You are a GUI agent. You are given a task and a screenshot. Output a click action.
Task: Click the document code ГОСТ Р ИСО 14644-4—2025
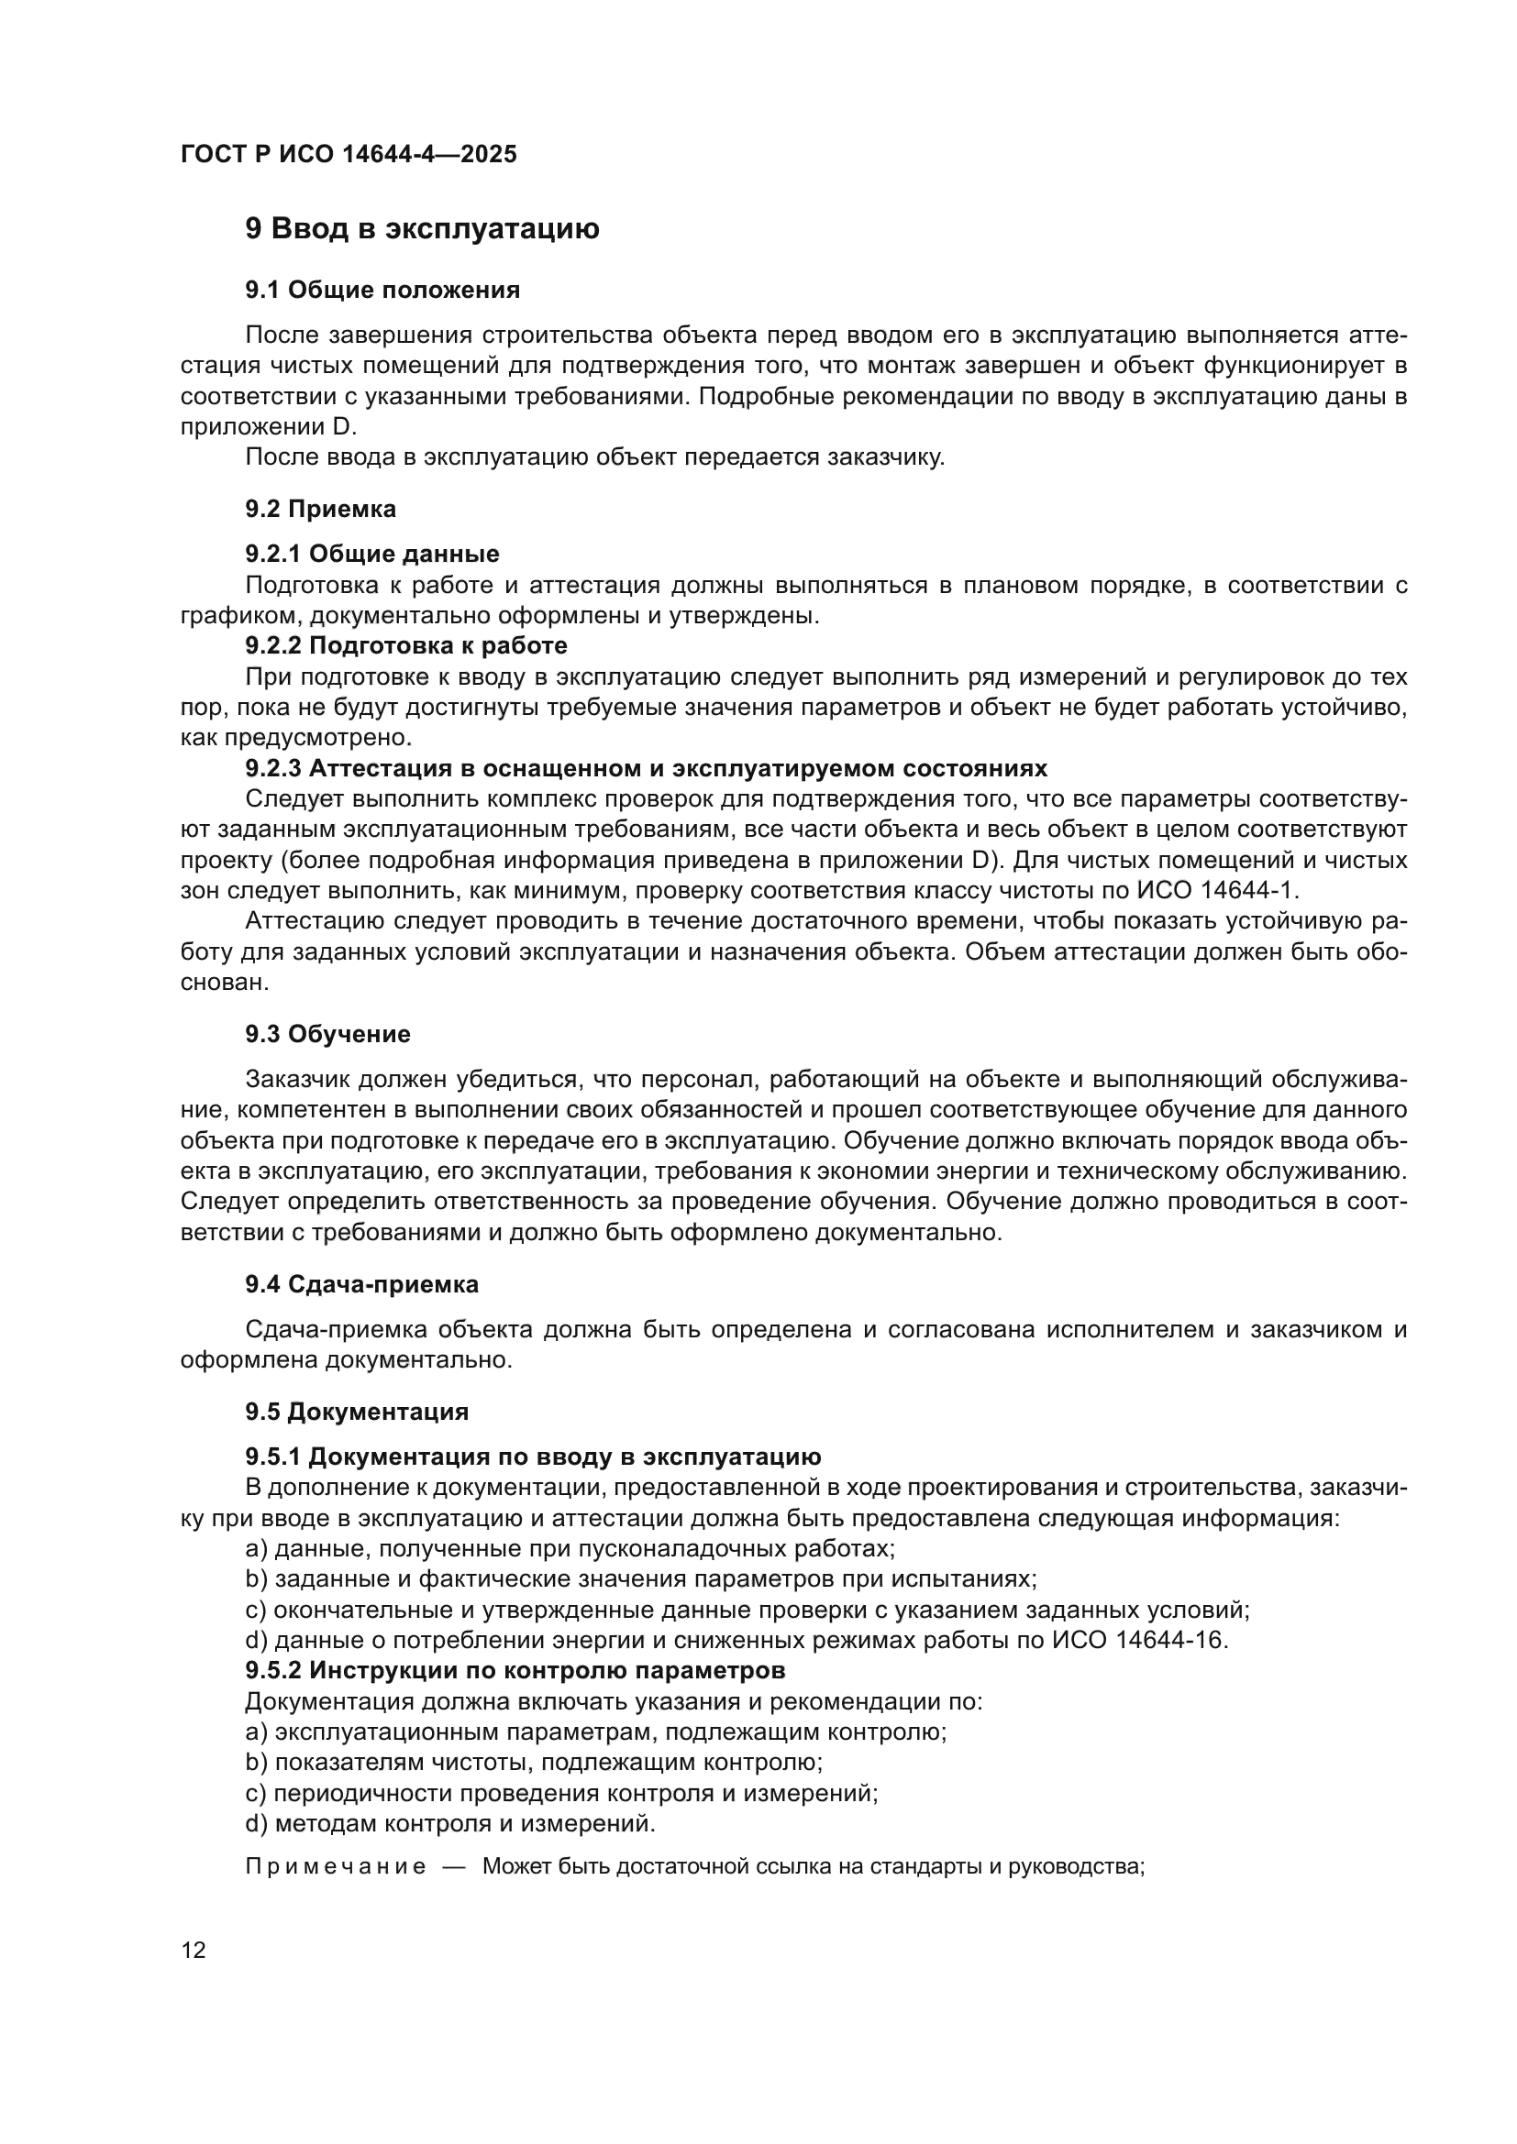coord(349,154)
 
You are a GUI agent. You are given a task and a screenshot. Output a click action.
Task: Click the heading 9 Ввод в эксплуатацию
coord(422,229)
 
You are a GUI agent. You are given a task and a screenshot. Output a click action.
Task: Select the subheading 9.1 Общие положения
coord(382,291)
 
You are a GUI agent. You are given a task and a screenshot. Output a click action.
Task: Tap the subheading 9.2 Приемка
coord(320,509)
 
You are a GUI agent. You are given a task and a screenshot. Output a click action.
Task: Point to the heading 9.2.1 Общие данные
coord(371,554)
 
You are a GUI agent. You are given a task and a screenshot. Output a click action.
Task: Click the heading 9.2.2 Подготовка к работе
coord(405,645)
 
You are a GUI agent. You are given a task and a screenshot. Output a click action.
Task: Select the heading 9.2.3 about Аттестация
coord(646,768)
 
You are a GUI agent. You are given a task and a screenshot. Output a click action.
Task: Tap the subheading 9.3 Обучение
coord(327,1034)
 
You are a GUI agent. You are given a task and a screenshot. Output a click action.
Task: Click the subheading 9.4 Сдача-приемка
coord(361,1284)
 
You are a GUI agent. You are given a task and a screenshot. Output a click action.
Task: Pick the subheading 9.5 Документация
coord(357,1411)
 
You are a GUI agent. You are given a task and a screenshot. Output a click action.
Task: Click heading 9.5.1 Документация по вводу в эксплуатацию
coord(534,1457)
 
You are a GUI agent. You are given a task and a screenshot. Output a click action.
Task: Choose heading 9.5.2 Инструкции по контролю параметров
coord(515,1669)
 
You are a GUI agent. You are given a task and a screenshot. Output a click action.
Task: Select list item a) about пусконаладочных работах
coord(570,1548)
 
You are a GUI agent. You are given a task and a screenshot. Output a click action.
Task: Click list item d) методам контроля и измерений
coord(450,1823)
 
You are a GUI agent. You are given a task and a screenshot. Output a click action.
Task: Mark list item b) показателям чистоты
coord(534,1762)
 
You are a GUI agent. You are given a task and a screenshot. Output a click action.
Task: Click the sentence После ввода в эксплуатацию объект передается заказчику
coord(595,457)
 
